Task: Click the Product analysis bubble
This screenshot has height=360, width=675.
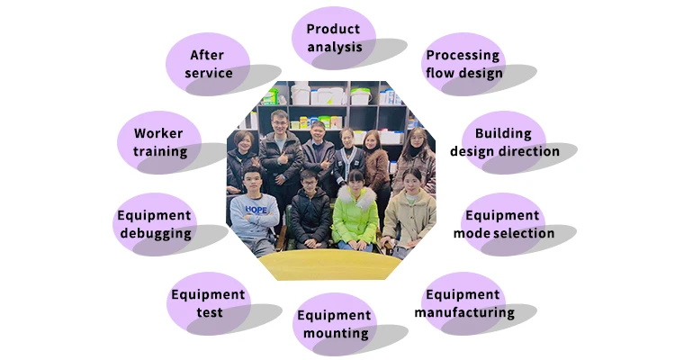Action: tap(333, 38)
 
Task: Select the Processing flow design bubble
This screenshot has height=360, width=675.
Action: tap(463, 63)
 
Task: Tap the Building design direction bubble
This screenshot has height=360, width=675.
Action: tap(504, 141)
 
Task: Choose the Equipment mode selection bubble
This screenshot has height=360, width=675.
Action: tap(503, 224)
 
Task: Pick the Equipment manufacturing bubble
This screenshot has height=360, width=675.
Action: tap(463, 303)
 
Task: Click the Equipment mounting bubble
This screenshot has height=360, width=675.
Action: tap(334, 324)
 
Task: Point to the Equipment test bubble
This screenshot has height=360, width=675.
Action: tap(208, 303)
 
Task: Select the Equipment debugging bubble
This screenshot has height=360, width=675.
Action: tap(154, 224)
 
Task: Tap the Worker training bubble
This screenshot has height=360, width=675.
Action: tap(159, 141)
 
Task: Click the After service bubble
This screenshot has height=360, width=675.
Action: tap(208, 63)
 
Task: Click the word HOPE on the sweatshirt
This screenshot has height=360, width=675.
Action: tap(256, 210)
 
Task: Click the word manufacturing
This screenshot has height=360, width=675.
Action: tap(464, 313)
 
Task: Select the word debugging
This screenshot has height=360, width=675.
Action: tap(154, 234)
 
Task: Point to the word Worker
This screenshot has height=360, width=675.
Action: tap(159, 133)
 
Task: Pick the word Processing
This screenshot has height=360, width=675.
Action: tap(463, 55)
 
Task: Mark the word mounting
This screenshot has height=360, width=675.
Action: tap(334, 334)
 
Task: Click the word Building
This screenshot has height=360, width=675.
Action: tap(504, 133)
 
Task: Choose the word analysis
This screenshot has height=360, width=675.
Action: tap(334, 47)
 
